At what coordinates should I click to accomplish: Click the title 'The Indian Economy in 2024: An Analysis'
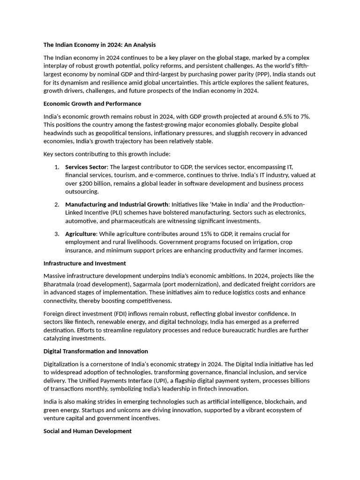coord(99,45)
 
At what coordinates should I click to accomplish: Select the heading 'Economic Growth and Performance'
coord(92,104)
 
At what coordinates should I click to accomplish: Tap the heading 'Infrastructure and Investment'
coord(84,263)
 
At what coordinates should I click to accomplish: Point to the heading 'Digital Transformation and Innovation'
coord(96,351)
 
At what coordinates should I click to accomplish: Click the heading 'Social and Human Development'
coord(88,431)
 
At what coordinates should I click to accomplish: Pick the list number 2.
coord(56,204)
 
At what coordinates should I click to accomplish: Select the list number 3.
coord(56,234)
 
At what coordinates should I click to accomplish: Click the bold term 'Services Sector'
coord(86,167)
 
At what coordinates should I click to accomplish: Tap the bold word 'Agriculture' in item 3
coord(81,234)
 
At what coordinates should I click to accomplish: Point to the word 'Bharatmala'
coord(60,284)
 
